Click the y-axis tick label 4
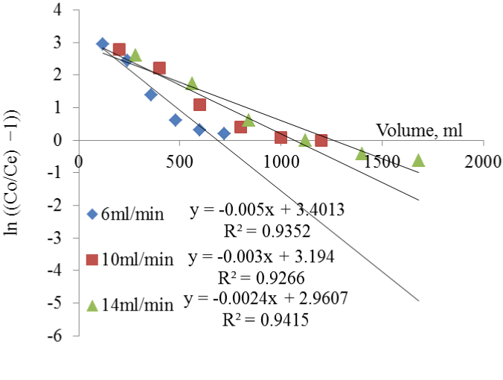(x=66, y=10)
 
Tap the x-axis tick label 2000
(x=482, y=159)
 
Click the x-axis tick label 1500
(x=381, y=159)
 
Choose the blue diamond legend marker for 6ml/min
(x=92, y=215)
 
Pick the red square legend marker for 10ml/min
(x=92, y=260)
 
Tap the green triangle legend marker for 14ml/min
(x=92, y=305)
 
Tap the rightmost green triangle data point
(x=418, y=160)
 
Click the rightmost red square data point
(x=321, y=140)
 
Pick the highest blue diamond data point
(x=103, y=44)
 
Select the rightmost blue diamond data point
(x=224, y=133)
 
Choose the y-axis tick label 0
(x=66, y=140)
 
